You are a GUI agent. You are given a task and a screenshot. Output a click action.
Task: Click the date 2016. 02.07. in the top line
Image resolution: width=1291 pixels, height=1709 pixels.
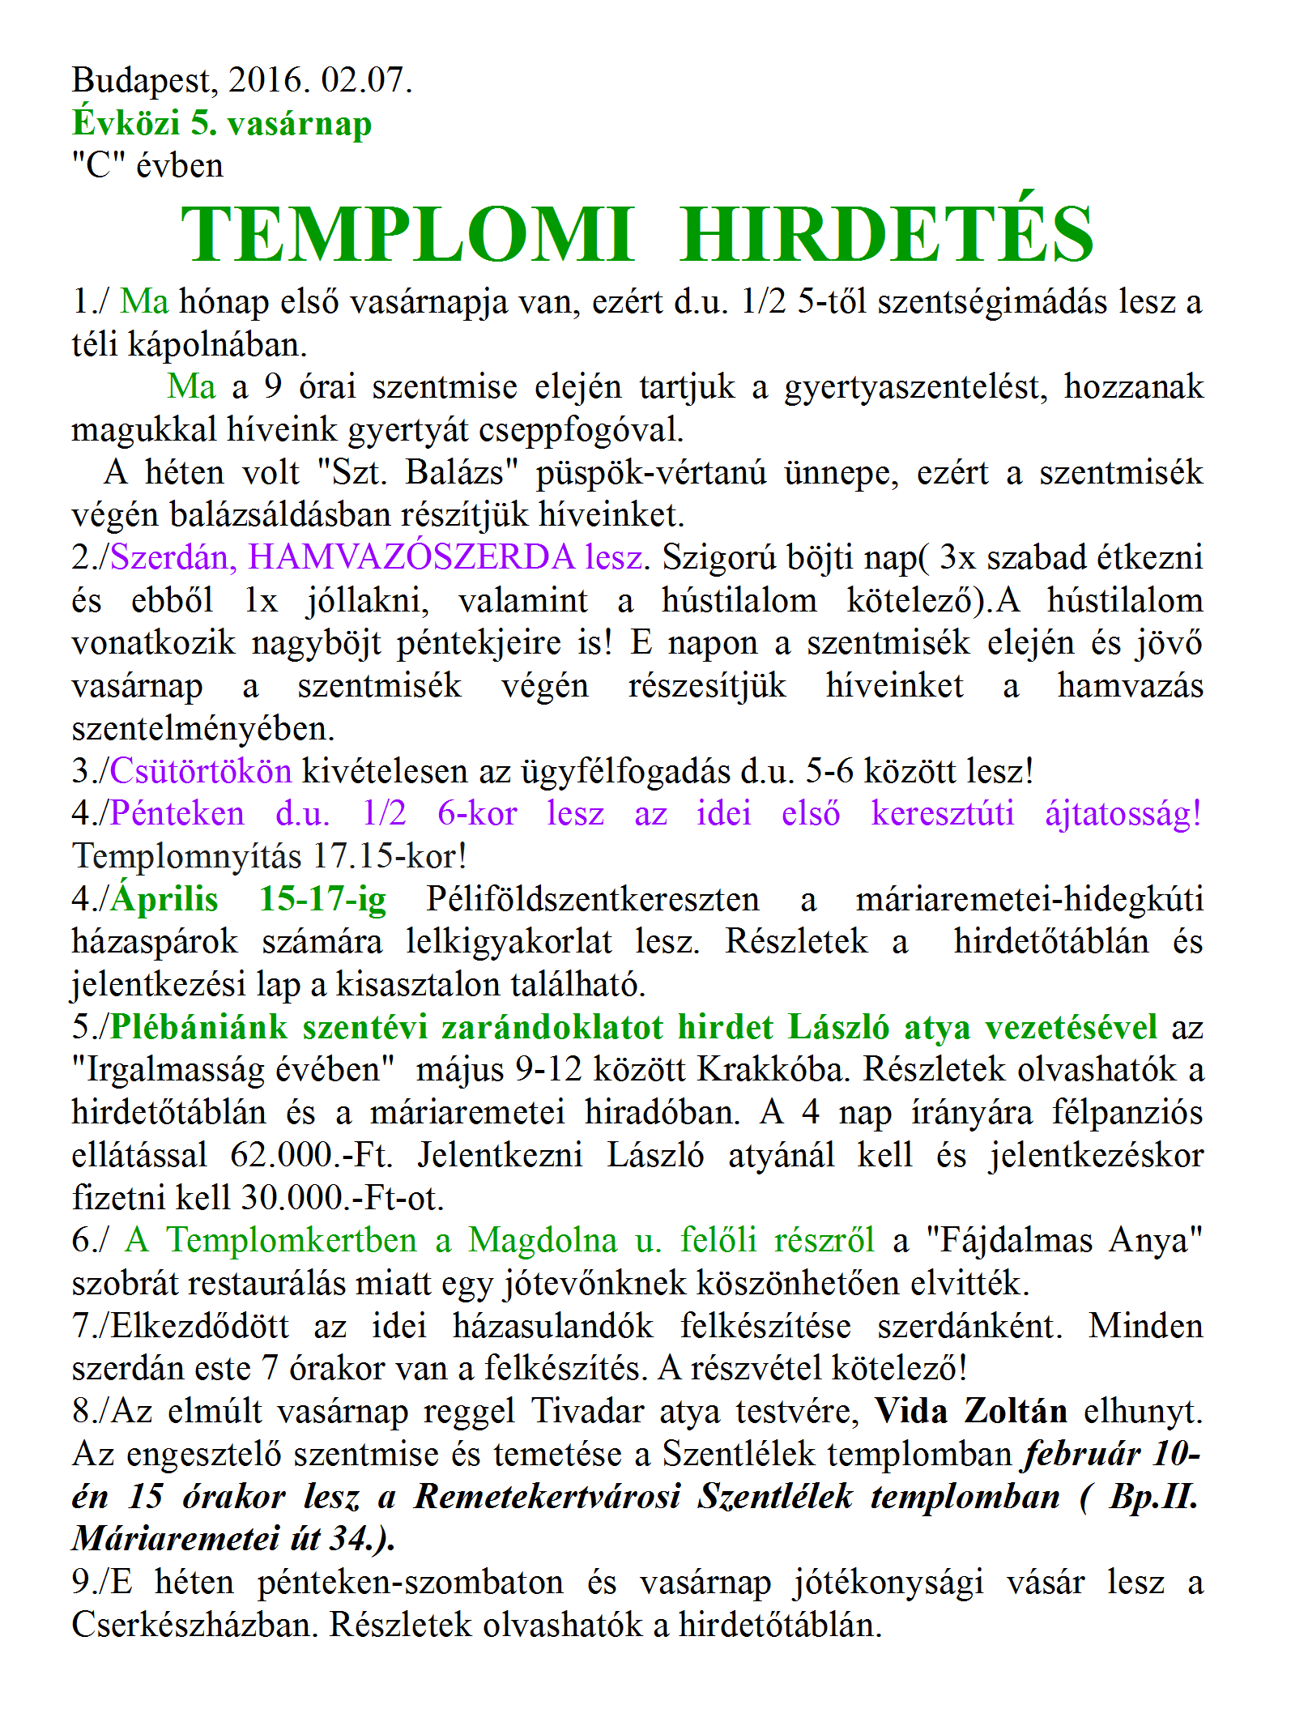click(x=321, y=80)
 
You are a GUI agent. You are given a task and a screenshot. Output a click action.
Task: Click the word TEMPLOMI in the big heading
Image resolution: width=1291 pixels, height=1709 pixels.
click(x=407, y=234)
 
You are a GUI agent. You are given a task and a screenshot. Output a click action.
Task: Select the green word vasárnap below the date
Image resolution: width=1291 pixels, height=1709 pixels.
click(x=300, y=123)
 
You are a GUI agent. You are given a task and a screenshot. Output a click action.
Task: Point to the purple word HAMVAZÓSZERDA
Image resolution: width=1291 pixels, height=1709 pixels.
click(x=411, y=557)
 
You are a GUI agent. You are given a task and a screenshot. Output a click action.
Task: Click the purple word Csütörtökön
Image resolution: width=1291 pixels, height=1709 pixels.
click(x=201, y=770)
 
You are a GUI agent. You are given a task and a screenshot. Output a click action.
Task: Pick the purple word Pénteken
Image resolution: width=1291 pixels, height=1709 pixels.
click(x=177, y=813)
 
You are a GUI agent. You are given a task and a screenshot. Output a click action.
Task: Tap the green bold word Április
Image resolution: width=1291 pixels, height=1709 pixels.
click(x=165, y=899)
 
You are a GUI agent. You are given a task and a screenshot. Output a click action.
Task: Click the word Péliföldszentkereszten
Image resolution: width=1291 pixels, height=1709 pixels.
click(x=593, y=899)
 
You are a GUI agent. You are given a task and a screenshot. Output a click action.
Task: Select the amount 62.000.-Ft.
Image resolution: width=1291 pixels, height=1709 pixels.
click(x=311, y=1155)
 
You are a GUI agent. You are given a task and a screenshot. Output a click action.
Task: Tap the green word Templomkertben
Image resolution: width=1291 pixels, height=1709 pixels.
click(x=292, y=1240)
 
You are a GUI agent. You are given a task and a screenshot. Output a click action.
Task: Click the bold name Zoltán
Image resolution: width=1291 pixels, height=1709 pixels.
click(x=1015, y=1411)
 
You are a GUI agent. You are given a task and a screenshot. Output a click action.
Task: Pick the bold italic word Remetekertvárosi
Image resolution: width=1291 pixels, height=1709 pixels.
click(x=548, y=1497)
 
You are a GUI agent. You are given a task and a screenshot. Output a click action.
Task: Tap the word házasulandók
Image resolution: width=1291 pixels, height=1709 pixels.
click(x=552, y=1326)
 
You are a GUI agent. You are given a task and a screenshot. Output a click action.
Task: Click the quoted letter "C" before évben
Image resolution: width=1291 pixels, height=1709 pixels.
click(x=97, y=166)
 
